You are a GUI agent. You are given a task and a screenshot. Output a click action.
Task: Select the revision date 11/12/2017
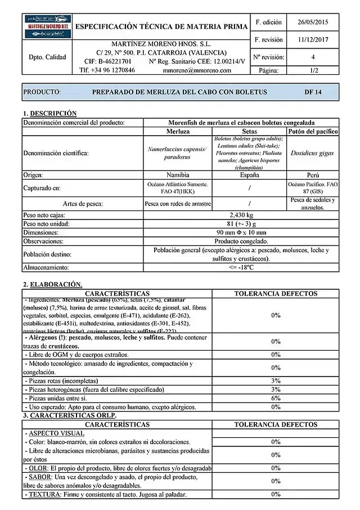[x=313, y=40]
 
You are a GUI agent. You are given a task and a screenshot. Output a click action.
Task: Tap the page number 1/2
[x=313, y=70]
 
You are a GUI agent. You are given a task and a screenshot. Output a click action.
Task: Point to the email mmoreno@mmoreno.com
[x=196, y=70]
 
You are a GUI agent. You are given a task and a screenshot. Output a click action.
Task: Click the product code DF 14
[x=312, y=92]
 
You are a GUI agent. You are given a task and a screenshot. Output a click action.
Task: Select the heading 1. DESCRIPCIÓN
[x=50, y=113]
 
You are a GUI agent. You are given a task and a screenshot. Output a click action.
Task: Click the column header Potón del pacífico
[x=312, y=131]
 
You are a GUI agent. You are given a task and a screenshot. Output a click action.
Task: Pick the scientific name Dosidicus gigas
[x=312, y=153]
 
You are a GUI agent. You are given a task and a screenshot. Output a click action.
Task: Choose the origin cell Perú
[x=312, y=175]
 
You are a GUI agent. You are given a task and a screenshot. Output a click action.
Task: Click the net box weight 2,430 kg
[x=241, y=215]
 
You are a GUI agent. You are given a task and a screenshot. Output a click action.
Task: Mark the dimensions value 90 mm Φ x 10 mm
[x=241, y=232]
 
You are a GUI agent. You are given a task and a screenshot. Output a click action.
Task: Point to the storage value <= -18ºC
[x=241, y=267]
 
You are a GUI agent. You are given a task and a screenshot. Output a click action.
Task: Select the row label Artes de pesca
[x=83, y=203]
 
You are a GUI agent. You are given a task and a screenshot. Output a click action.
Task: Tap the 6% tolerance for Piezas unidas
[x=276, y=398]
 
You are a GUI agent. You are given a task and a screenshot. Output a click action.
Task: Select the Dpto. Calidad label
[x=47, y=57]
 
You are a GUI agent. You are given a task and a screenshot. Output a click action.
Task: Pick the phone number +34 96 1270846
[x=107, y=70]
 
